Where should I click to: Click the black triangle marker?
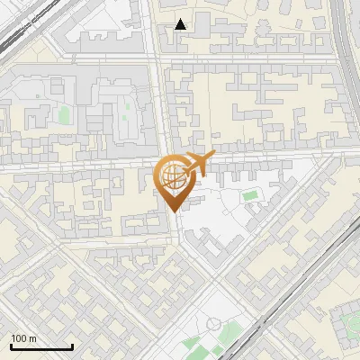click(181, 24)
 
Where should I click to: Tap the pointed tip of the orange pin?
click(173, 210)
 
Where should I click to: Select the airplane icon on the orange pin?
click(197, 165)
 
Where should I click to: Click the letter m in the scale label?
click(32, 338)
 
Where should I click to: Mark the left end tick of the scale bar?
click(11, 346)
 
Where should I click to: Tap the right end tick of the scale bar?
click(72, 346)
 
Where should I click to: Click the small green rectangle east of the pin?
click(249, 194)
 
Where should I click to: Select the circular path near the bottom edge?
click(213, 324)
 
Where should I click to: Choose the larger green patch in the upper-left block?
click(64, 115)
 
